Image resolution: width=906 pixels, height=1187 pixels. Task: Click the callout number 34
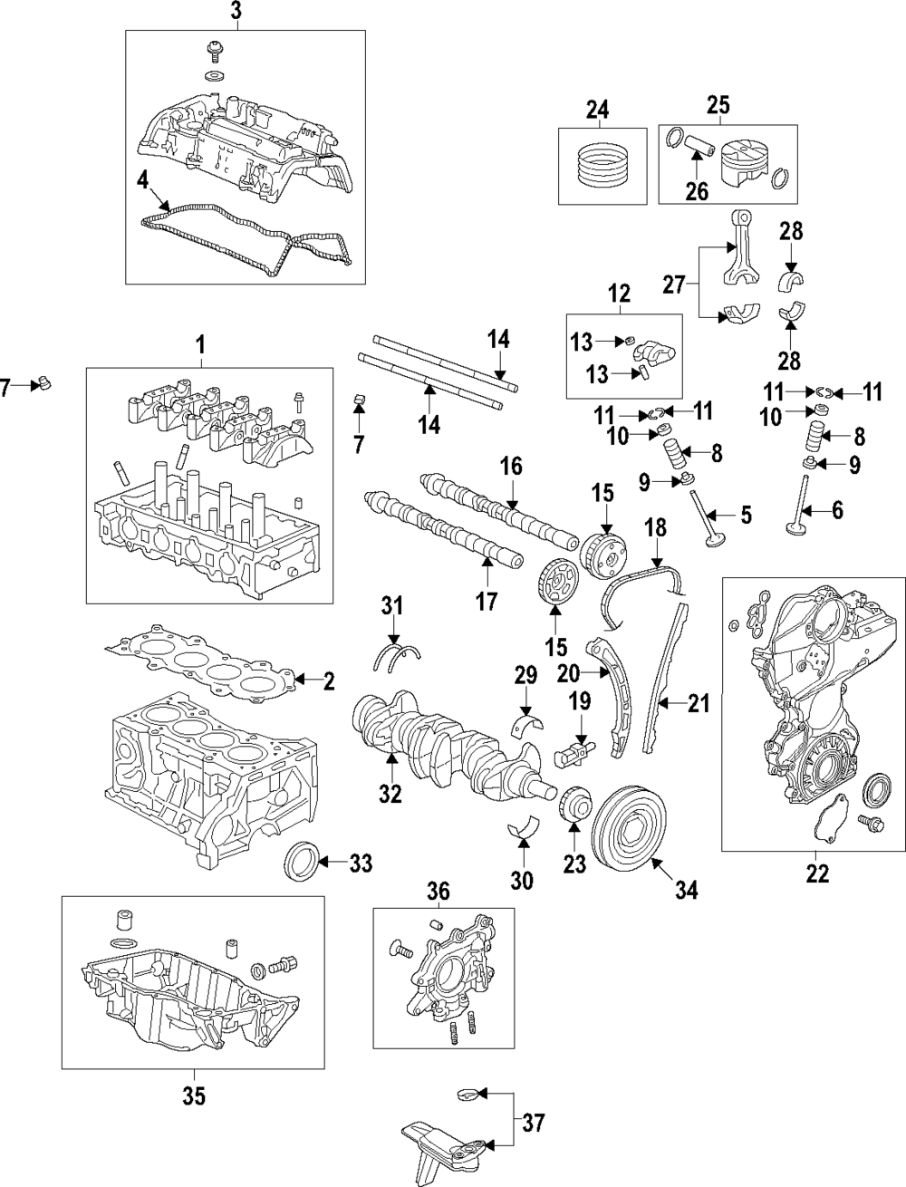point(686,891)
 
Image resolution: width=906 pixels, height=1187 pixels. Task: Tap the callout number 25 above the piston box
point(718,107)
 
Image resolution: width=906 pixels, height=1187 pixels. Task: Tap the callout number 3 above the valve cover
point(235,12)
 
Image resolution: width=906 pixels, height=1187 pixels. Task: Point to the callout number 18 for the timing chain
point(655,528)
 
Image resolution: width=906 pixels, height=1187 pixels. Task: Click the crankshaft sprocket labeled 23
point(573,806)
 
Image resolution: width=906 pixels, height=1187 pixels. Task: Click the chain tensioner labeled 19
point(574,749)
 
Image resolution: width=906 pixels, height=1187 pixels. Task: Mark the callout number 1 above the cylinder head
point(201,344)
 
